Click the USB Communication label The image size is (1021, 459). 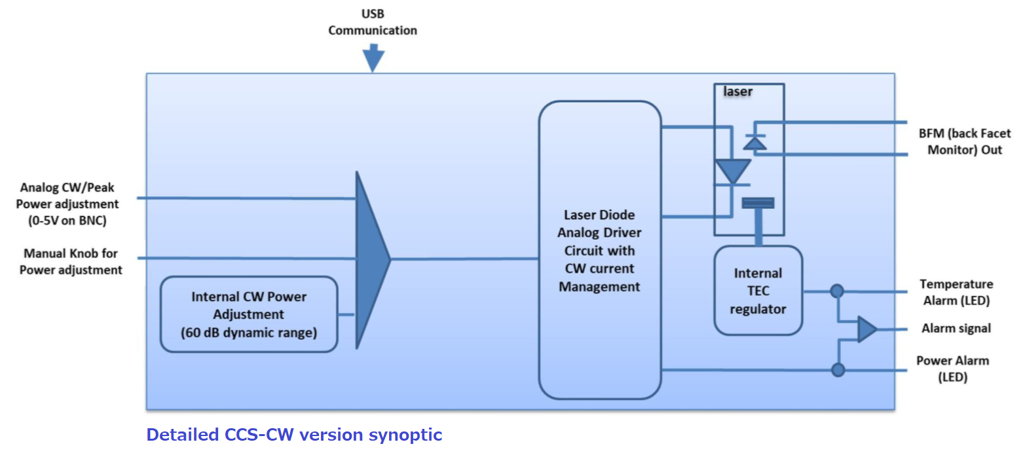click(372, 22)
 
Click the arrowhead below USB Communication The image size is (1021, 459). click(373, 60)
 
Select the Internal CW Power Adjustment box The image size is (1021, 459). click(249, 314)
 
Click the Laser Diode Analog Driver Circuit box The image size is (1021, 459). click(599, 250)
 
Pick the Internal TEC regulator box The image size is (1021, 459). click(758, 290)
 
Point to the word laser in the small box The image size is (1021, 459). click(737, 92)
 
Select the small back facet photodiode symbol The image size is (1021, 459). click(755, 142)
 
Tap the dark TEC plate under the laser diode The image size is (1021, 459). click(758, 203)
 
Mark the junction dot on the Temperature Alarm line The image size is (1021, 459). click(836, 291)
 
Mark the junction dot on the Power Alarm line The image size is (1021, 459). click(838, 370)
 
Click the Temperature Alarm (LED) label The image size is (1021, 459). click(956, 293)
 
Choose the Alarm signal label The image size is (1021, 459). click(956, 329)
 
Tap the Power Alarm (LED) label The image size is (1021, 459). click(952, 369)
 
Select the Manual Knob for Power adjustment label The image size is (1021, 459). click(71, 261)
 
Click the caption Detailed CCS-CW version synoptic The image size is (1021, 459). click(294, 435)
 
